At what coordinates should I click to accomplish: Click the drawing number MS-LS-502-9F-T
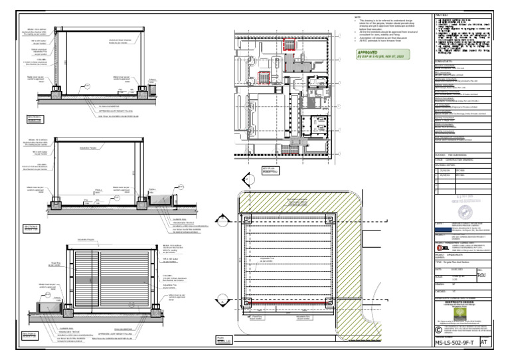(455, 343)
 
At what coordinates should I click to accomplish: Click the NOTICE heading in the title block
(442, 15)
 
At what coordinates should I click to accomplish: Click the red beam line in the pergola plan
(289, 302)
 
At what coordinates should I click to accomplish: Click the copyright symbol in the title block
(438, 328)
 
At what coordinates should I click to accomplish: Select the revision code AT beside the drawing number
(483, 343)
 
